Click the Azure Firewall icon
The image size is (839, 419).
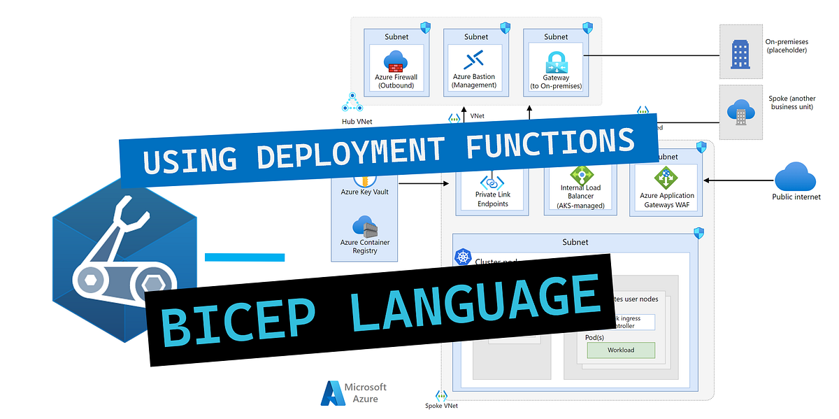point(396,62)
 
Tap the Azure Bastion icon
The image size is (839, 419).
point(473,60)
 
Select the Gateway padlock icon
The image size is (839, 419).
point(556,60)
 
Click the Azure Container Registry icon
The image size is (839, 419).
point(365,227)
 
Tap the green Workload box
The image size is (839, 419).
point(620,350)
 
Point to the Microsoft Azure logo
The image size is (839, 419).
point(354,393)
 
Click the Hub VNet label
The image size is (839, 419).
point(358,122)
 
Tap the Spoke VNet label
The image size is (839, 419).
point(442,406)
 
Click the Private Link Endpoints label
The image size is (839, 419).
point(492,199)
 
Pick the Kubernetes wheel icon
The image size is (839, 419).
point(463,257)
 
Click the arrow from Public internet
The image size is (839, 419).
point(734,180)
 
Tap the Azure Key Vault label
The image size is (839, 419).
point(364,192)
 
